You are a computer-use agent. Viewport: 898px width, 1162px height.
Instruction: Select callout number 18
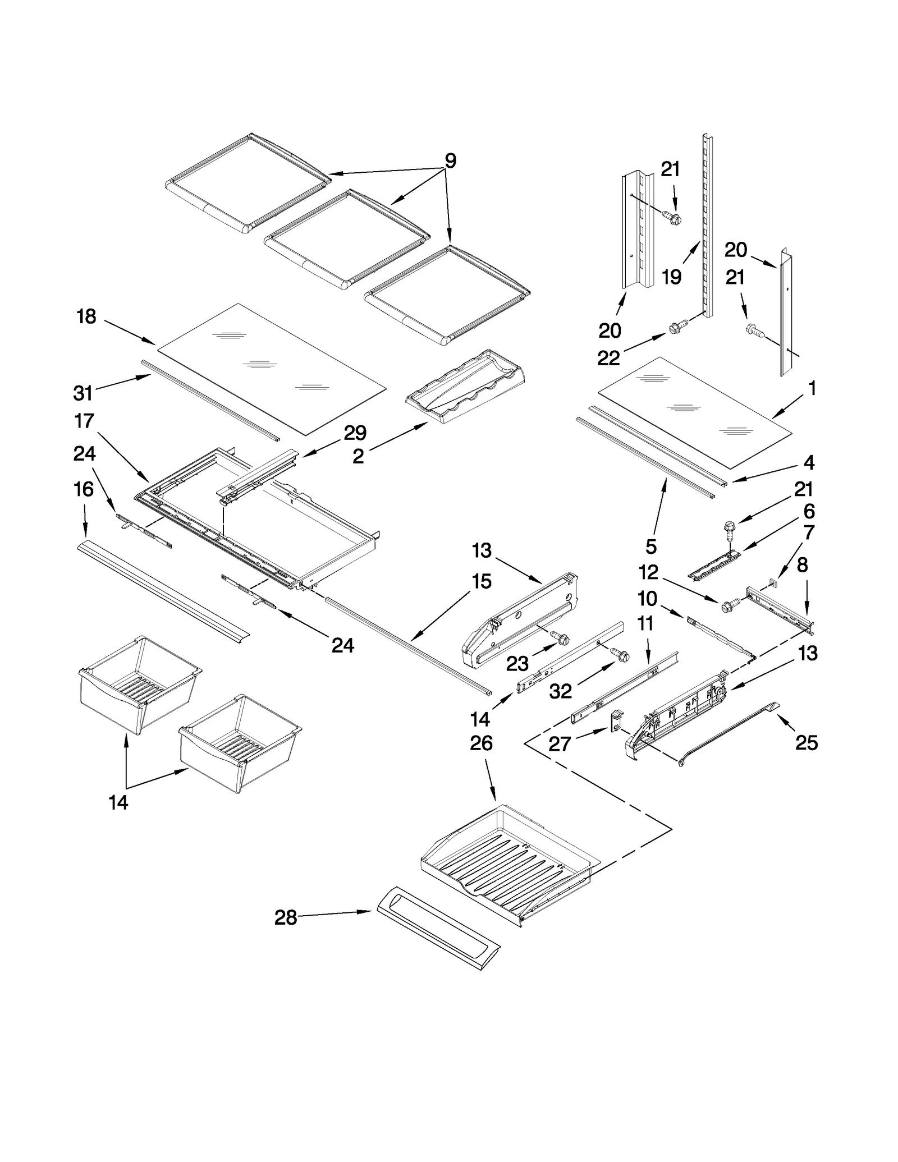86,317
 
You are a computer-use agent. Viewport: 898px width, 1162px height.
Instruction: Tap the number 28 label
286,918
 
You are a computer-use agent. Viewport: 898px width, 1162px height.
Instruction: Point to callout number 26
481,743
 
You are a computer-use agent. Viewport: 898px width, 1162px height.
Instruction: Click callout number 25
807,743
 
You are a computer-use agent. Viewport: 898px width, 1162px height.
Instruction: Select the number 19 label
672,277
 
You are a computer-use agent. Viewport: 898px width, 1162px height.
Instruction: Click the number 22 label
608,358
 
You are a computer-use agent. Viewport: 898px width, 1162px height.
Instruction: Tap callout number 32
560,692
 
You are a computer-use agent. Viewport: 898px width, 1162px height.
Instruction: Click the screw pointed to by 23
560,638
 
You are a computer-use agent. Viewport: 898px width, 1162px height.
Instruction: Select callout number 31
83,393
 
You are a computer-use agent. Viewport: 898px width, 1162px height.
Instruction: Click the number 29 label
355,433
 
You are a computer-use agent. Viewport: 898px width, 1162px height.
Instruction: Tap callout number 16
84,489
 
